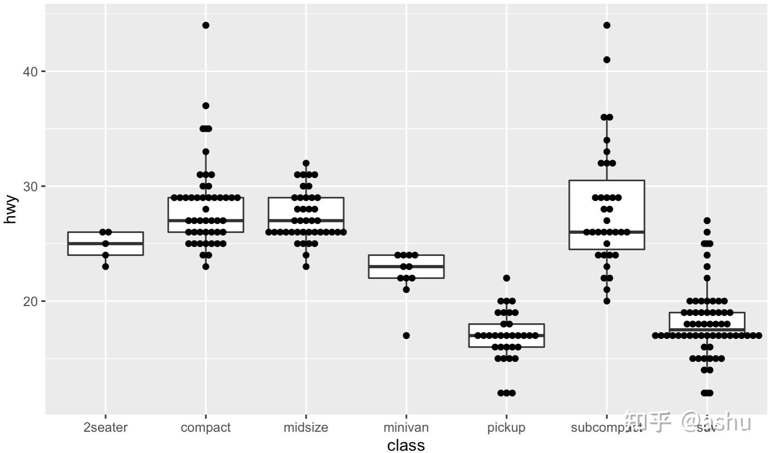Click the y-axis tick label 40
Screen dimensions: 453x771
pyautogui.click(x=30, y=71)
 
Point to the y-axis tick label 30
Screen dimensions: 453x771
pyautogui.click(x=30, y=186)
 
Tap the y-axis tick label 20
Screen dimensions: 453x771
pyautogui.click(x=30, y=302)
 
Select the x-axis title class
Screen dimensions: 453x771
pyautogui.click(x=406, y=445)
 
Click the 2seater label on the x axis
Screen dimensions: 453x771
pyautogui.click(x=105, y=428)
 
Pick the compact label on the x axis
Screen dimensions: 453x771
pyautogui.click(x=205, y=428)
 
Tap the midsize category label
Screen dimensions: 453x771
pyautogui.click(x=306, y=428)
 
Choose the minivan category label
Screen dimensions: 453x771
pyautogui.click(x=406, y=428)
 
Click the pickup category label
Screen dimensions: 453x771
pyautogui.click(x=506, y=428)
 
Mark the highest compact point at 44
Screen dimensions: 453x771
pyautogui.click(x=206, y=25)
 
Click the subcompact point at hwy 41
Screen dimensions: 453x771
pyautogui.click(x=607, y=60)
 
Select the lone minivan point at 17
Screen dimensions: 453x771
pyautogui.click(x=406, y=335)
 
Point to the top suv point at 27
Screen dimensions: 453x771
pyautogui.click(x=707, y=221)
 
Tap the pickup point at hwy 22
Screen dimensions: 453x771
pyautogui.click(x=507, y=278)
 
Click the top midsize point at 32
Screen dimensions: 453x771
pyautogui.click(x=306, y=163)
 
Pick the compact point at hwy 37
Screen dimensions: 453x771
pyautogui.click(x=206, y=106)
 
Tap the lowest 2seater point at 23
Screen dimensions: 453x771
pyautogui.click(x=105, y=267)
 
